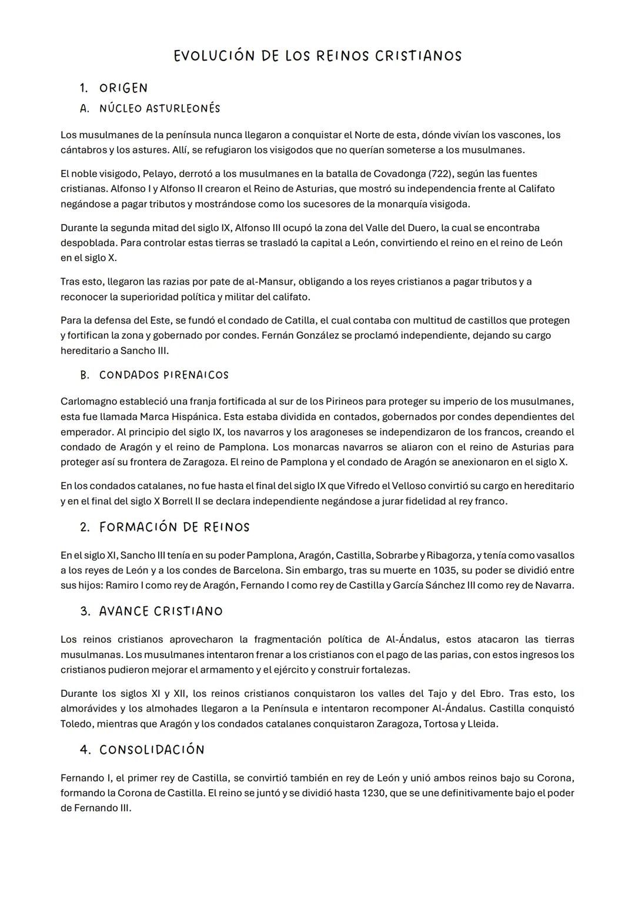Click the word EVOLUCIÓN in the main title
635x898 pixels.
pos(214,56)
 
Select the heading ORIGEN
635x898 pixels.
pos(123,88)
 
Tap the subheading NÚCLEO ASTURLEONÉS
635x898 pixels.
pos(159,109)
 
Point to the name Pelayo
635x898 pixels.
pos(158,174)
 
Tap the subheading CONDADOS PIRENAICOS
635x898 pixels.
pos(163,375)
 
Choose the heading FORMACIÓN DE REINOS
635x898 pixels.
pos(174,527)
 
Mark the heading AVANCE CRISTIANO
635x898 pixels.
pos(161,612)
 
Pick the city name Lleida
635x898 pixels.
pos(482,724)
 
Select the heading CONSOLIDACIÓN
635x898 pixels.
pos(152,750)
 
